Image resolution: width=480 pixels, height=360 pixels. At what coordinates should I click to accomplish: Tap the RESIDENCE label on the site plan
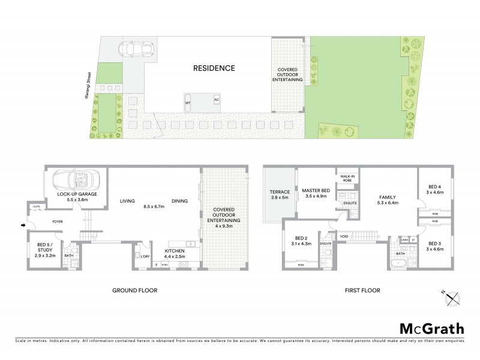214,68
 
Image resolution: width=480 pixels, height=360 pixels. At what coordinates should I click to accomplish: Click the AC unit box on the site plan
217,98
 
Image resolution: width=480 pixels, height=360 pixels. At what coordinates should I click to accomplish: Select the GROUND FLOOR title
134,290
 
